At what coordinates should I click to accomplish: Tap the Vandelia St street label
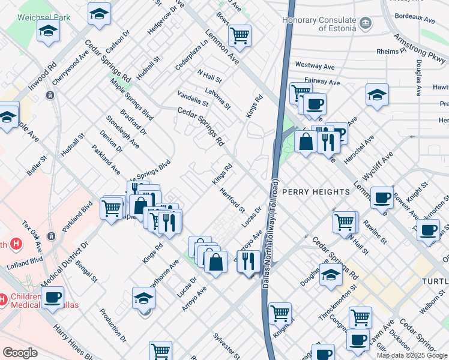coord(192,98)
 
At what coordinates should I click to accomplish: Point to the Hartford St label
coord(232,200)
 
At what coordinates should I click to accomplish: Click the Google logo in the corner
coord(20,353)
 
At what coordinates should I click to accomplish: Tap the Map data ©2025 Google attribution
coord(412,355)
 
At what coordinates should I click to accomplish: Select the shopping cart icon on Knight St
coord(280,313)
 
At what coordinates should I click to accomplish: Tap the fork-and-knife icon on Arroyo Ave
coord(248,260)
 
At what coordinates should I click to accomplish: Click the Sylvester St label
coord(226,344)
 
